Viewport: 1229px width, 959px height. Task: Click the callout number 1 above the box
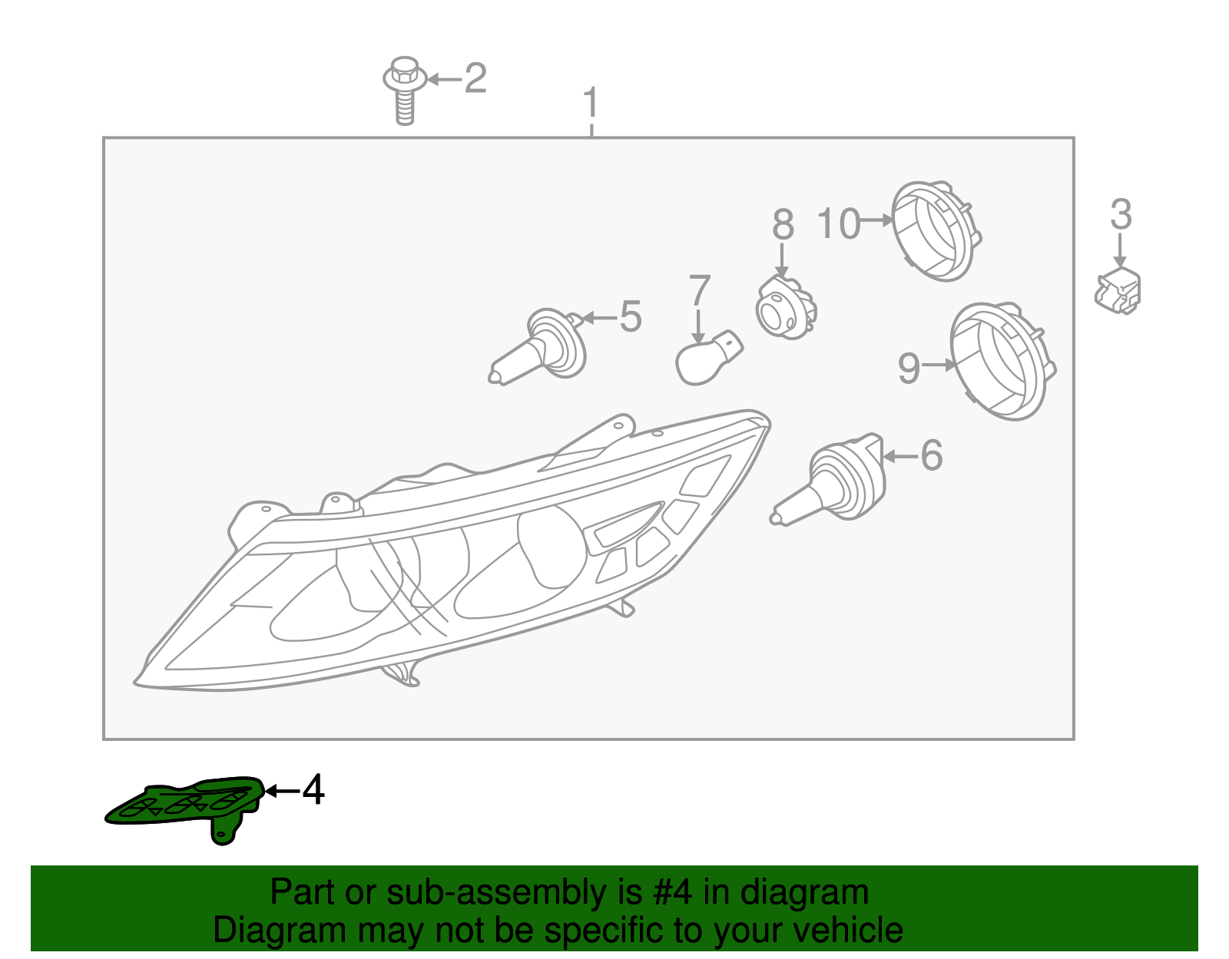point(590,103)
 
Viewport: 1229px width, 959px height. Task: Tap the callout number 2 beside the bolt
point(475,78)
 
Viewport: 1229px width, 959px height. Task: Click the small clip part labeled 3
point(1118,292)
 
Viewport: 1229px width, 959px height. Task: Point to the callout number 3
point(1121,215)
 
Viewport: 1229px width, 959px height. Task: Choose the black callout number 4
point(313,790)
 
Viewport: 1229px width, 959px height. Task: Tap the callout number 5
point(630,317)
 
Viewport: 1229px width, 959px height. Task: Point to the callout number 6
point(931,455)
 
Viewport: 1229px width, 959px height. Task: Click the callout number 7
point(700,291)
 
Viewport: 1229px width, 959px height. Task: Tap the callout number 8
point(783,225)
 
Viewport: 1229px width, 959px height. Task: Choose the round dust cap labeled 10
point(935,230)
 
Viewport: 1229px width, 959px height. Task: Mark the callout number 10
point(838,223)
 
